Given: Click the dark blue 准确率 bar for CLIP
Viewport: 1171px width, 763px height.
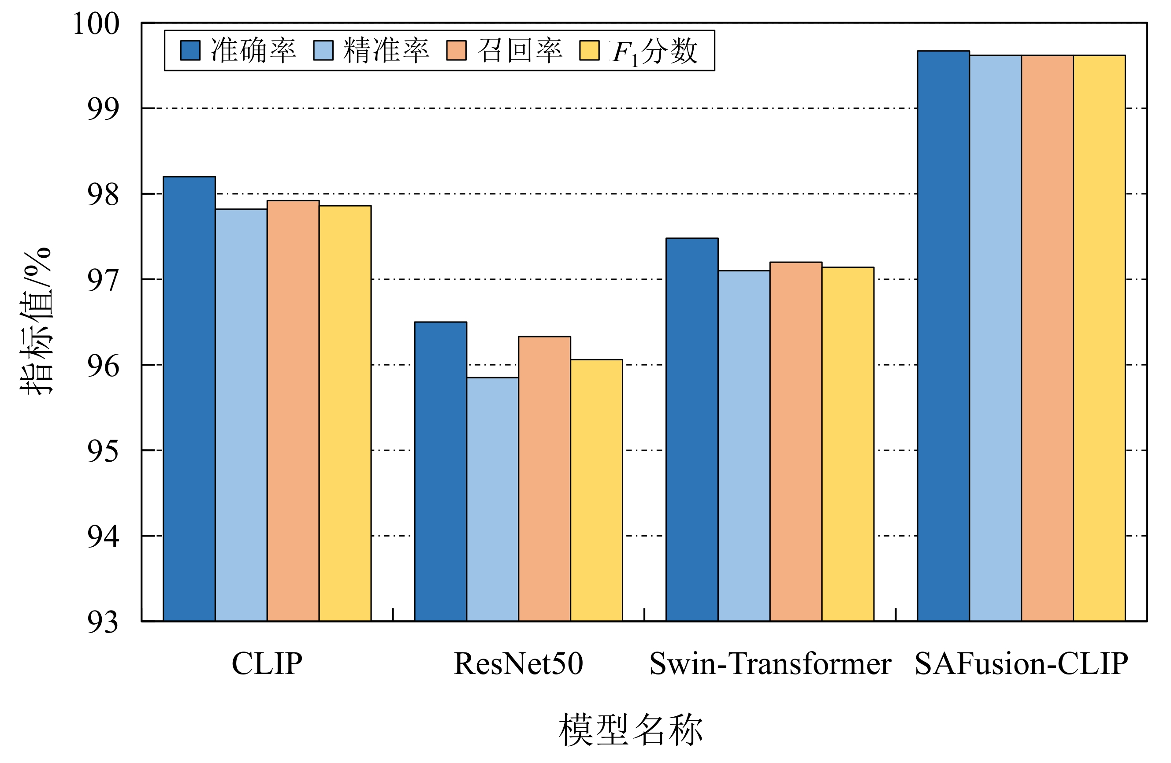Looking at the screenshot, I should [189, 399].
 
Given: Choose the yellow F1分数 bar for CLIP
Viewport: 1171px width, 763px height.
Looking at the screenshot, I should [345, 413].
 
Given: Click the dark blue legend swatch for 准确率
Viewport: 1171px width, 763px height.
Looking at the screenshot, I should [190, 51].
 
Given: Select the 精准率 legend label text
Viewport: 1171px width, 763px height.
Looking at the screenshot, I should [386, 51].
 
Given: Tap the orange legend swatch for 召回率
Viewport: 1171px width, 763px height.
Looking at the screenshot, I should [456, 51].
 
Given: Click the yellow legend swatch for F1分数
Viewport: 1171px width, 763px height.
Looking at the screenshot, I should [589, 51].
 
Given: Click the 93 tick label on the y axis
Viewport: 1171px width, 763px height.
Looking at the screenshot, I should [103, 622].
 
